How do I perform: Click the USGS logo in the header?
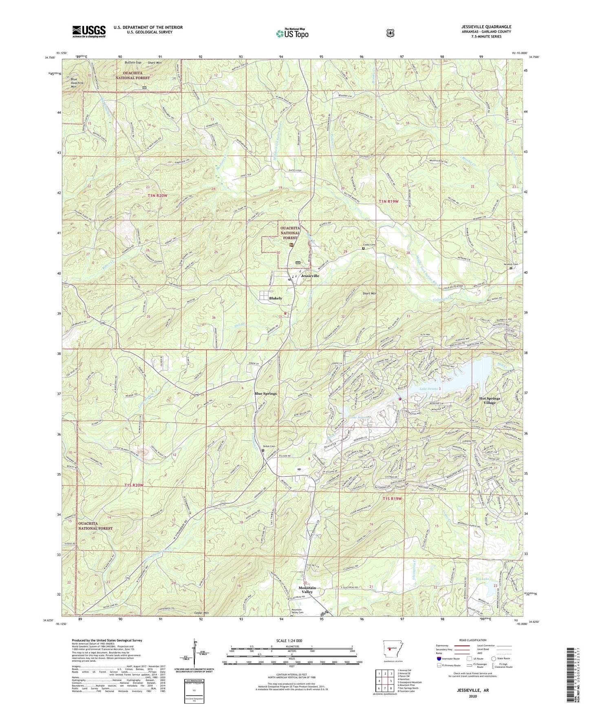pyautogui.click(x=89, y=31)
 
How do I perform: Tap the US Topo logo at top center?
pyautogui.click(x=291, y=33)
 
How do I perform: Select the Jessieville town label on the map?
pyautogui.click(x=310, y=276)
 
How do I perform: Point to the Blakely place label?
pyautogui.click(x=276, y=298)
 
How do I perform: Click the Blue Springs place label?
pyautogui.click(x=265, y=393)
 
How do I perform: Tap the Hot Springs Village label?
pyautogui.click(x=490, y=400)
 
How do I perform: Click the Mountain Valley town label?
pyautogui.click(x=307, y=590)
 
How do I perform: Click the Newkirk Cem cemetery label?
pyautogui.click(x=510, y=264)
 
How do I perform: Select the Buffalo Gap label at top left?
pyautogui.click(x=132, y=63)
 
